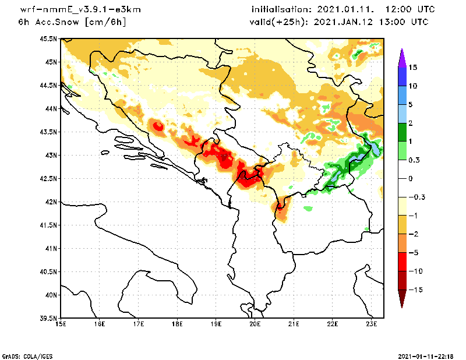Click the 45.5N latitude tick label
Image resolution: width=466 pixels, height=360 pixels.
click(50, 39)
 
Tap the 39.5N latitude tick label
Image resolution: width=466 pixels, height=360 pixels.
click(50, 319)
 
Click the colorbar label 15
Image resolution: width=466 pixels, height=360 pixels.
click(412, 67)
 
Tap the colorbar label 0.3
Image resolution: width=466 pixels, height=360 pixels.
click(414, 160)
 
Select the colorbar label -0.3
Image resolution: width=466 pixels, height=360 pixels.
click(416, 197)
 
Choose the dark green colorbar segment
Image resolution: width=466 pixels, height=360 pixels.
click(401, 132)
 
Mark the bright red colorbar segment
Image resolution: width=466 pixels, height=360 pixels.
click(401, 262)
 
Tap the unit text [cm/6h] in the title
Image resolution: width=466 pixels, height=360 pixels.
click(105, 22)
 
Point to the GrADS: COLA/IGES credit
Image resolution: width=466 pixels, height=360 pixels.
click(24, 355)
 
